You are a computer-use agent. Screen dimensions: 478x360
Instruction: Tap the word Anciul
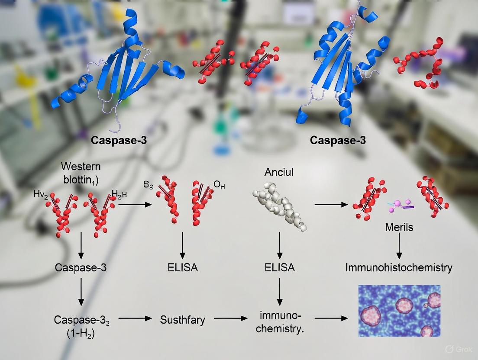coord(279,172)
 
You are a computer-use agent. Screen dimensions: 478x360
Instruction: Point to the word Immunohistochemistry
coord(399,267)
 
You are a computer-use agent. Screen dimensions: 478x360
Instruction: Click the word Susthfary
coord(182,320)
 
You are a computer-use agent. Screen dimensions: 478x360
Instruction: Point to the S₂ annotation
coord(149,185)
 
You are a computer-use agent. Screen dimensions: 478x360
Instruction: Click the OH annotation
coord(219,186)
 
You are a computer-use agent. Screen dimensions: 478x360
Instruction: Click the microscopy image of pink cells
coord(399,311)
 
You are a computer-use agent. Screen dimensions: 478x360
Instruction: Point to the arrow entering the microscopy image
coord(332,319)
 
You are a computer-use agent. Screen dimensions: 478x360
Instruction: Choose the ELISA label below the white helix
coord(280,267)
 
